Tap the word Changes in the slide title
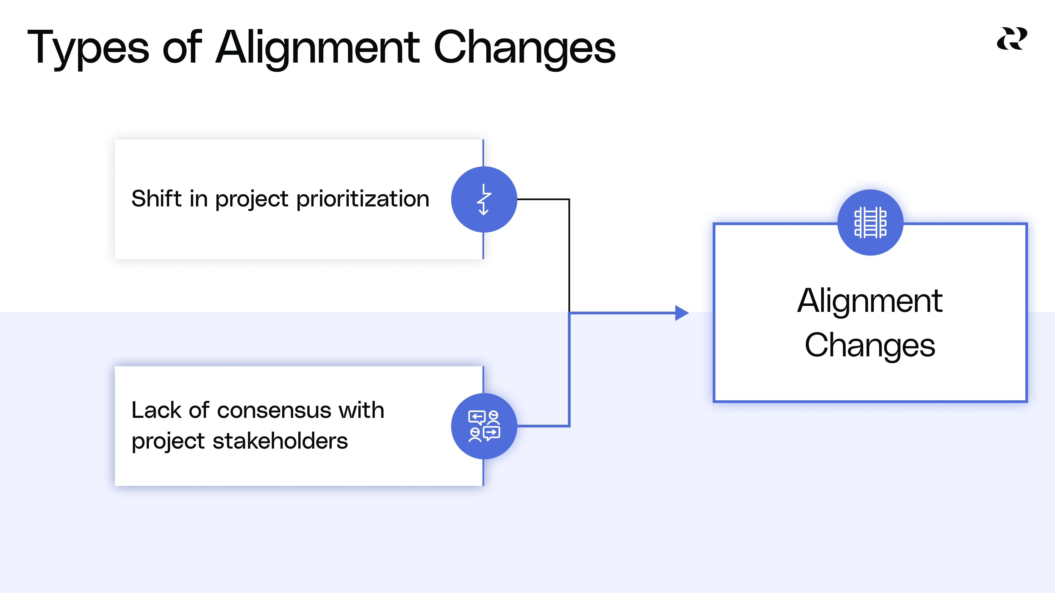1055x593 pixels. (x=524, y=48)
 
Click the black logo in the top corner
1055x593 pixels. (x=1012, y=39)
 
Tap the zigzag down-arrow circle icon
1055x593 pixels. (x=484, y=199)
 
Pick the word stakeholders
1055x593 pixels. (x=280, y=441)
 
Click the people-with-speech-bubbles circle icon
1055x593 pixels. (x=484, y=426)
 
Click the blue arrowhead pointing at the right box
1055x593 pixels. (x=681, y=313)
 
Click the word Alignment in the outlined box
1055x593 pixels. (x=870, y=301)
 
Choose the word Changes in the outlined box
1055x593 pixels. (x=870, y=345)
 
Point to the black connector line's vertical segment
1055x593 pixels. (x=569, y=254)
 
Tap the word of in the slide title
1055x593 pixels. (x=182, y=48)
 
